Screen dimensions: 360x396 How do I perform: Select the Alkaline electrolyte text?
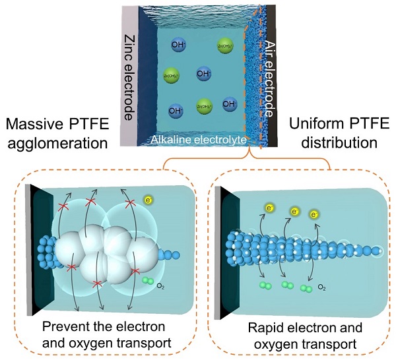click(x=198, y=138)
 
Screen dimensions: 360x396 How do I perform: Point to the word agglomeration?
click(x=57, y=143)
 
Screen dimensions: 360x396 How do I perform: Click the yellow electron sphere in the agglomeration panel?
click(x=148, y=198)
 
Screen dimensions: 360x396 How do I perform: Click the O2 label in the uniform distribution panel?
click(x=322, y=288)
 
